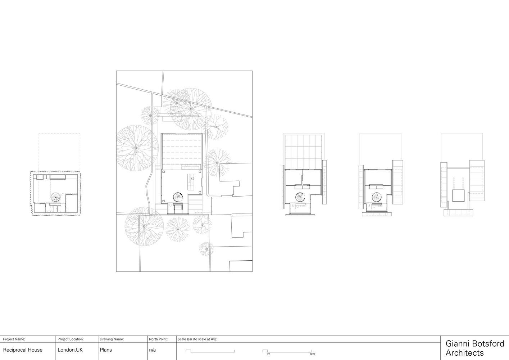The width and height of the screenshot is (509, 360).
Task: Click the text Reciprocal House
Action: [23, 350]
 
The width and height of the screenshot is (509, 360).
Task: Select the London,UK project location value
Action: [70, 350]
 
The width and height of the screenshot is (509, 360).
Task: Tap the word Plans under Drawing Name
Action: [106, 350]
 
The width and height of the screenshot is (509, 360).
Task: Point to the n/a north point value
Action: [152, 350]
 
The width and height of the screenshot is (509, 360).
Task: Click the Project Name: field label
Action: [14, 339]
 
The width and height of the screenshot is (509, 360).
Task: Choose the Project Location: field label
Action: [71, 339]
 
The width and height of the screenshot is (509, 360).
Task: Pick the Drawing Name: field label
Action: [112, 339]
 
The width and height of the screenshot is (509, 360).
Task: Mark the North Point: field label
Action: [158, 339]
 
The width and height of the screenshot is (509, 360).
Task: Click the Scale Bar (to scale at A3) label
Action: [197, 339]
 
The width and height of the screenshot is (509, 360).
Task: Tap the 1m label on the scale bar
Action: [268, 354]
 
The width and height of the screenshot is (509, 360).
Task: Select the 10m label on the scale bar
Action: [312, 354]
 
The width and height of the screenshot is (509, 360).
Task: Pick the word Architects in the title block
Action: [464, 353]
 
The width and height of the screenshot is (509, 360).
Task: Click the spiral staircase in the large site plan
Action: [178, 197]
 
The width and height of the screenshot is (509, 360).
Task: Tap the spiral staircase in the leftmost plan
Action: [55, 197]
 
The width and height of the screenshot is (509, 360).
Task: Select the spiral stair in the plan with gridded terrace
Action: [300, 197]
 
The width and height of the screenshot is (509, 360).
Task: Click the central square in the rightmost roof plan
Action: [458, 195]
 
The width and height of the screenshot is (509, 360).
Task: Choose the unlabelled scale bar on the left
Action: [210, 351]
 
